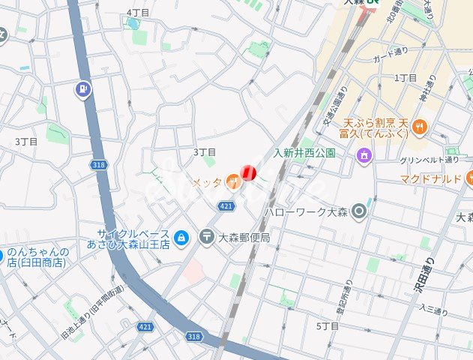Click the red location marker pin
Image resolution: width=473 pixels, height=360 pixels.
tap(249, 173)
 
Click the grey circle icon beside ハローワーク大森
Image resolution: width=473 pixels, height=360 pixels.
tap(360, 211)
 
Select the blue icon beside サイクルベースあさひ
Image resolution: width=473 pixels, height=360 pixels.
tap(181, 238)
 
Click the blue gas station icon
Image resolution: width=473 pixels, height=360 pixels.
tap(82, 91)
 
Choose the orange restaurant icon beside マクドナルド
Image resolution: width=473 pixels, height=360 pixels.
tap(469, 178)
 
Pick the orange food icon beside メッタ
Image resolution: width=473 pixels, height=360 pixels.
tap(233, 179)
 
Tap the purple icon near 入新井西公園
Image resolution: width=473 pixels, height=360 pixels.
tap(364, 155)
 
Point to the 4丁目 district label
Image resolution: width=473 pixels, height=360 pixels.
tap(138, 13)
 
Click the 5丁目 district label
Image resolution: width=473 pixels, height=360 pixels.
tap(328, 326)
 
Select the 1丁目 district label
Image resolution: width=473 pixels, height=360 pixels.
tap(405, 78)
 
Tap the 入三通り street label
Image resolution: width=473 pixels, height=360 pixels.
tap(433, 308)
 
